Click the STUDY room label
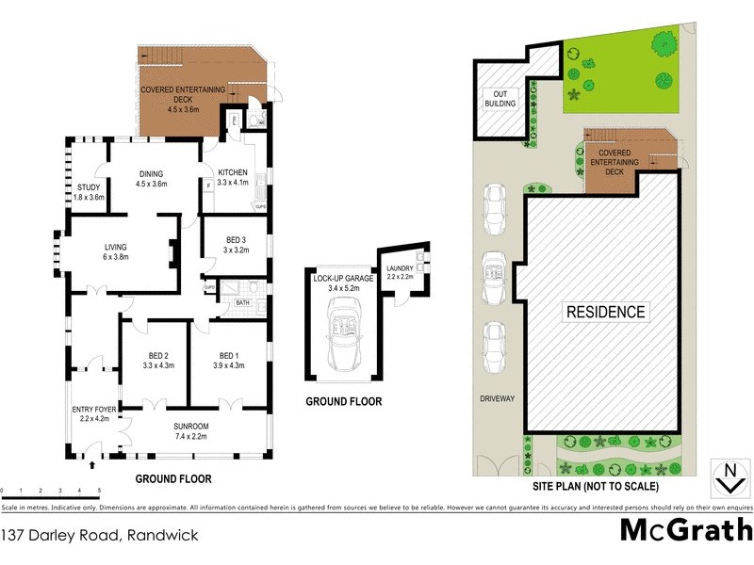pyautogui.click(x=89, y=192)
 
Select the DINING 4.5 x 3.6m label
pyautogui.click(x=151, y=179)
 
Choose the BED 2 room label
pyautogui.click(x=158, y=360)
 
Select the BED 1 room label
pyautogui.click(x=228, y=360)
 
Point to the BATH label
pyautogui.click(x=242, y=302)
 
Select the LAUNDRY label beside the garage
pyautogui.click(x=401, y=273)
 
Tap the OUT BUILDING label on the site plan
pyautogui.click(x=500, y=98)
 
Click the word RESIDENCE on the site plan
pyautogui.click(x=605, y=312)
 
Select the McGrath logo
pyautogui.click(x=685, y=530)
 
